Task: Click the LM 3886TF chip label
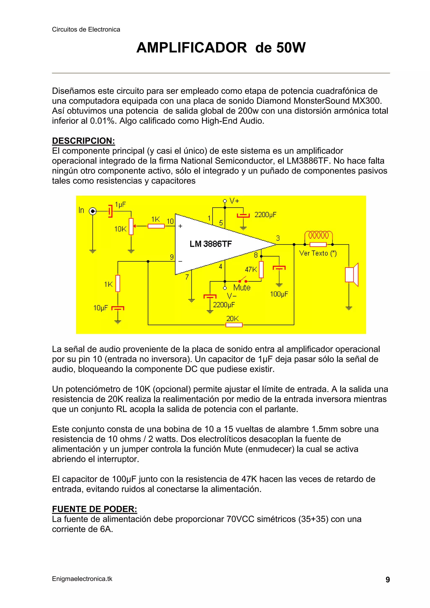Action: [211, 244]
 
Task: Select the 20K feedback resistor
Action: [234, 325]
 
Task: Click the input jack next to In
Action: [92, 211]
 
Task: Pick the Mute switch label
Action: [242, 288]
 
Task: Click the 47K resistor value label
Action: [251, 269]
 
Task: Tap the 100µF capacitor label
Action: [279, 294]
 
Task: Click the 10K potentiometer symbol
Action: [131, 226]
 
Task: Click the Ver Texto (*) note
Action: [318, 254]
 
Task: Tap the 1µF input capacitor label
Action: [120, 204]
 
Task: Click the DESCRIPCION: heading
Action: [83, 141]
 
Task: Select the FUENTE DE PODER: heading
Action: [94, 509]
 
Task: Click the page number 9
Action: [388, 580]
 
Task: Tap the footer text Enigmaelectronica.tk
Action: [82, 579]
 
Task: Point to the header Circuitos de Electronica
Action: [86, 29]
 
